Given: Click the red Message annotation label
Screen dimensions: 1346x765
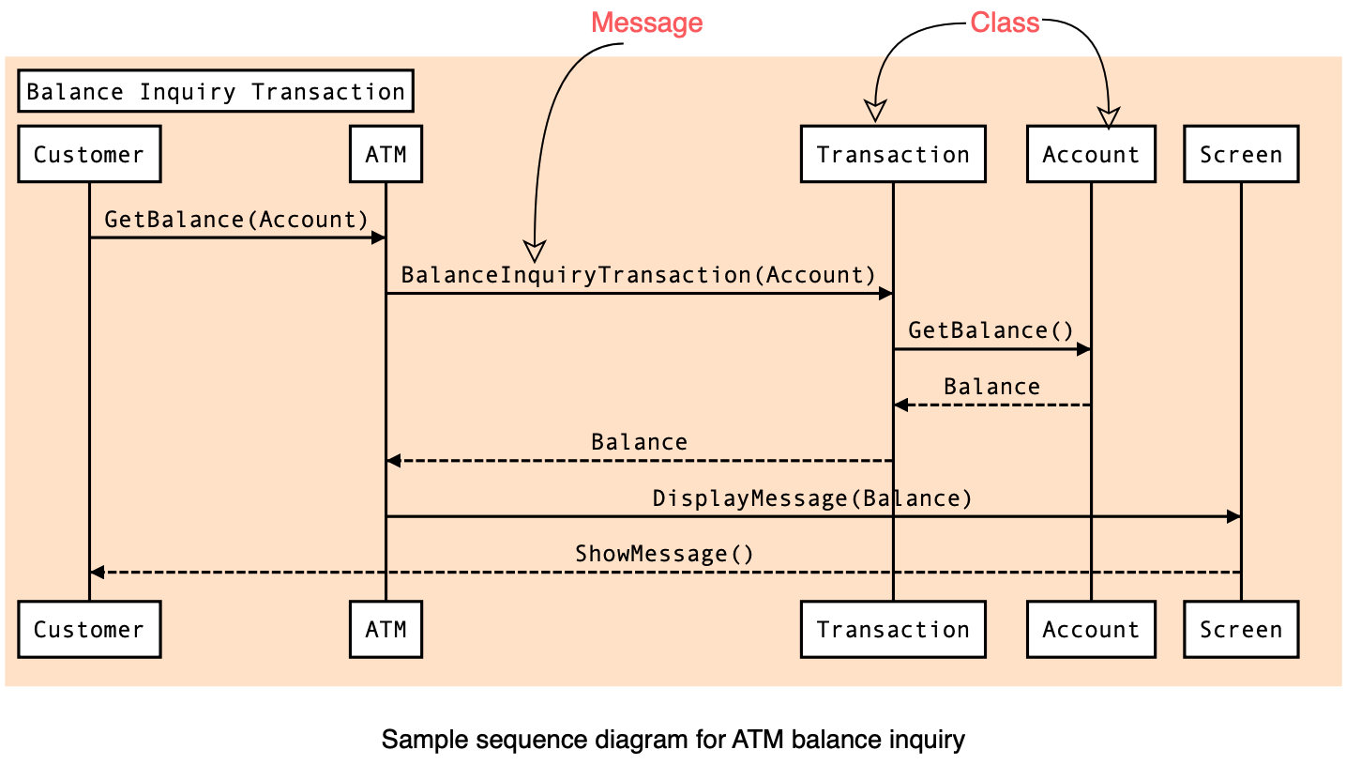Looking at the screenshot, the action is coord(646,23).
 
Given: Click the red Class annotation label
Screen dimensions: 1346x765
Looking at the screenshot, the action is coord(1005,23).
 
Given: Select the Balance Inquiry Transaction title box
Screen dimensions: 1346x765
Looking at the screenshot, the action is coord(216,91).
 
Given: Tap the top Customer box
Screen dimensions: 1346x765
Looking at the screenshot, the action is coord(89,154).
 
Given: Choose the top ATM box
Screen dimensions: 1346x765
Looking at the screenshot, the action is coord(386,154).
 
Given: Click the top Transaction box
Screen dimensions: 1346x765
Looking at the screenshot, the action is coord(893,154).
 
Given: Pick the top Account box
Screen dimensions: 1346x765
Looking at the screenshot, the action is coord(1091,154).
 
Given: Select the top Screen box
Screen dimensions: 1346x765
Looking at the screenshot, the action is coord(1241,154).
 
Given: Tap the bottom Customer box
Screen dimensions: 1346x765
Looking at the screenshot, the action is coord(89,629).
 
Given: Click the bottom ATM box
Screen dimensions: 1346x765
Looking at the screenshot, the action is coord(386,629).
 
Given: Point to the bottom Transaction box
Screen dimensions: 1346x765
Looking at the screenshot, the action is coord(893,629).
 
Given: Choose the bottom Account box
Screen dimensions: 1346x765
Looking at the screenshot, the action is coord(1091,629).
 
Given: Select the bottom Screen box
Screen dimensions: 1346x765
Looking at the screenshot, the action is coord(1241,629).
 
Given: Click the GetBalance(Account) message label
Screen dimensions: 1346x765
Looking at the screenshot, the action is coord(236,220).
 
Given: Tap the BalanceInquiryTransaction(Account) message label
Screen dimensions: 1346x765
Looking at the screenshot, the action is coord(638,275).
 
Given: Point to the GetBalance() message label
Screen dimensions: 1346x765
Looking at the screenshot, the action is coord(991,330).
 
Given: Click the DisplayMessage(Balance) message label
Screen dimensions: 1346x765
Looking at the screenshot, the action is coord(811,498).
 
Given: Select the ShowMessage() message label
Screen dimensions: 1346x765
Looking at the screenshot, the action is coord(664,553).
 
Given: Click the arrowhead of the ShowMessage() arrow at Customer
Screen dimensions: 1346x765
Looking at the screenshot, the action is coord(97,572).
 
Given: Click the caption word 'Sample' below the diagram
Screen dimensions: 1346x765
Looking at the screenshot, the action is coord(424,740).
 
